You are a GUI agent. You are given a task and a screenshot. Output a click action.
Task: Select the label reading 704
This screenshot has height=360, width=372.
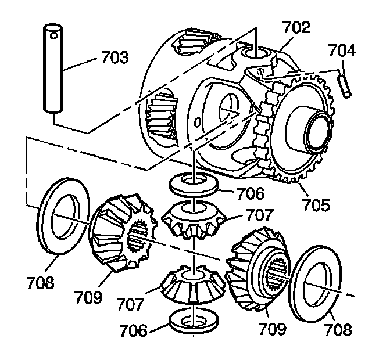pyautogui.click(x=341, y=51)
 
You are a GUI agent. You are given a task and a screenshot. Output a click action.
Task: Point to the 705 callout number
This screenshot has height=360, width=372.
pyautogui.click(x=316, y=204)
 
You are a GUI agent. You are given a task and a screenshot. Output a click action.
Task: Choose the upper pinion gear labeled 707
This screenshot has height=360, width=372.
pyautogui.click(x=194, y=220)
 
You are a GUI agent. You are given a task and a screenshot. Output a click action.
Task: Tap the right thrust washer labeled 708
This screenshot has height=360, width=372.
pyautogui.click(x=317, y=284)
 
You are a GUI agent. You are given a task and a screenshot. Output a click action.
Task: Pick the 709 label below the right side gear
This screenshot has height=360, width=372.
pyautogui.click(x=272, y=329)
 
